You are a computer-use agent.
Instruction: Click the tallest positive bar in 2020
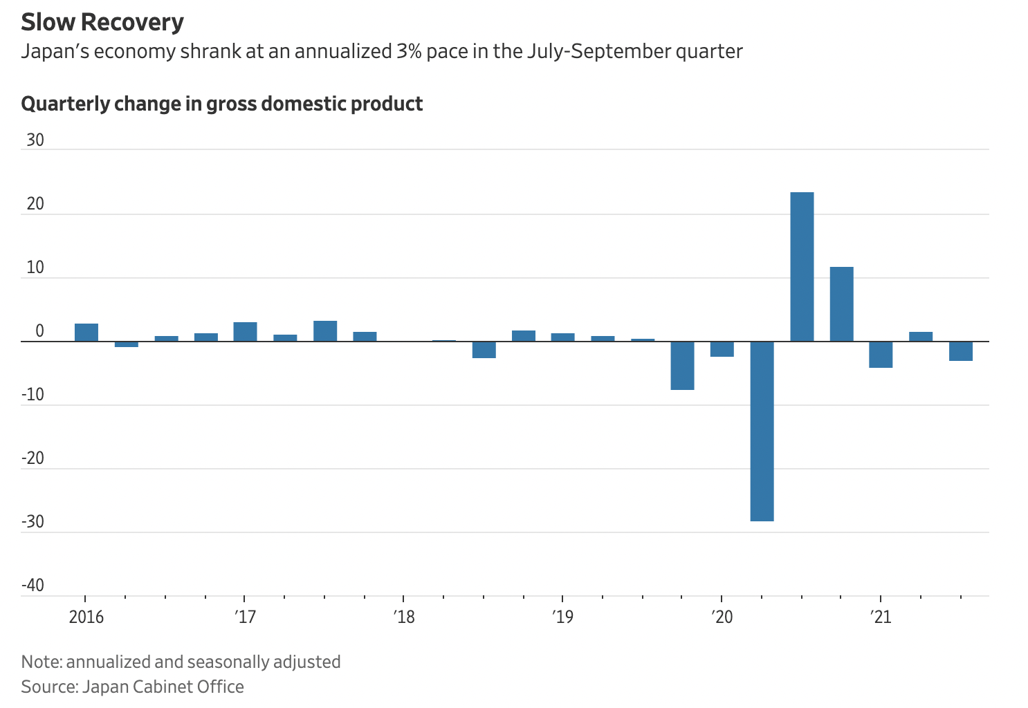[802, 266]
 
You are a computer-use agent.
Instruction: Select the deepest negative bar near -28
[762, 431]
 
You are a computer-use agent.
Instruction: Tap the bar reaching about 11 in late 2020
[841, 304]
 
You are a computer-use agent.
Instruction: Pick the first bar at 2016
[86, 333]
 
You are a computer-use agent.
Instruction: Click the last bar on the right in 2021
[960, 351]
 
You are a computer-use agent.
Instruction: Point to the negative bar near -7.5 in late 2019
[682, 366]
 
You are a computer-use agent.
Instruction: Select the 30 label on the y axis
[35, 140]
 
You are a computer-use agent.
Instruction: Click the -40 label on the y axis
[33, 586]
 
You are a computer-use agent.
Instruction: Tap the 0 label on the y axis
[39, 331]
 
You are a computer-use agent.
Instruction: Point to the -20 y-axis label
[33, 458]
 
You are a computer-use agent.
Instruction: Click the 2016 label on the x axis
[86, 616]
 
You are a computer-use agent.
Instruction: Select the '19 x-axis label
[563, 616]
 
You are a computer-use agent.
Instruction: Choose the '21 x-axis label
[881, 616]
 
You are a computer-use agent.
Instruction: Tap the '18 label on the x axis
[404, 616]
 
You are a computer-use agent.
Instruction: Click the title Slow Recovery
[102, 22]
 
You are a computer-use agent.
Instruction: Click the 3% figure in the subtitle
[409, 52]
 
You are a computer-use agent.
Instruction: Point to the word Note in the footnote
[40, 662]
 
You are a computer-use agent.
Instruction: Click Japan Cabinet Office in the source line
[163, 687]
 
